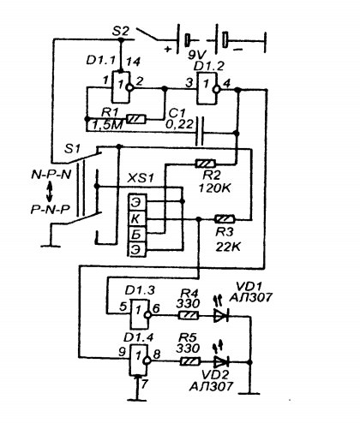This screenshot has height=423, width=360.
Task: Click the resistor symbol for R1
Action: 135,119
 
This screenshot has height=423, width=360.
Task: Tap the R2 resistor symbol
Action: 206,164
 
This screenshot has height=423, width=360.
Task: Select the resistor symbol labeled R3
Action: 225,219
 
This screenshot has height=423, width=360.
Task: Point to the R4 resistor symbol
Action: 189,315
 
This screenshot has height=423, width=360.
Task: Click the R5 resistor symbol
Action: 190,361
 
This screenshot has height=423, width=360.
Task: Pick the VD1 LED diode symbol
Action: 221,316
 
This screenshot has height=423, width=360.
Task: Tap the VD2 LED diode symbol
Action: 221,362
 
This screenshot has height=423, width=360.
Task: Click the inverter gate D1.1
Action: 123,86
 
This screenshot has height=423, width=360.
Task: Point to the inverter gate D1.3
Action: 141,313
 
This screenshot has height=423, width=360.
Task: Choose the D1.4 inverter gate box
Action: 141,360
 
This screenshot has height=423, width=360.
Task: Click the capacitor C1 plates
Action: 200,132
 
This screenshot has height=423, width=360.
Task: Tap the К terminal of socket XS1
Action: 137,219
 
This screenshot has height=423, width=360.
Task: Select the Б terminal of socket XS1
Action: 137,235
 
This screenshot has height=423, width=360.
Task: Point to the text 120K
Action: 215,188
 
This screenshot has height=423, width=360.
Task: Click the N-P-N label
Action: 51,175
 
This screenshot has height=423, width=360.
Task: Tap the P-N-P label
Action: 51,210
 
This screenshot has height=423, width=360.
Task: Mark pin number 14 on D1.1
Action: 133,62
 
